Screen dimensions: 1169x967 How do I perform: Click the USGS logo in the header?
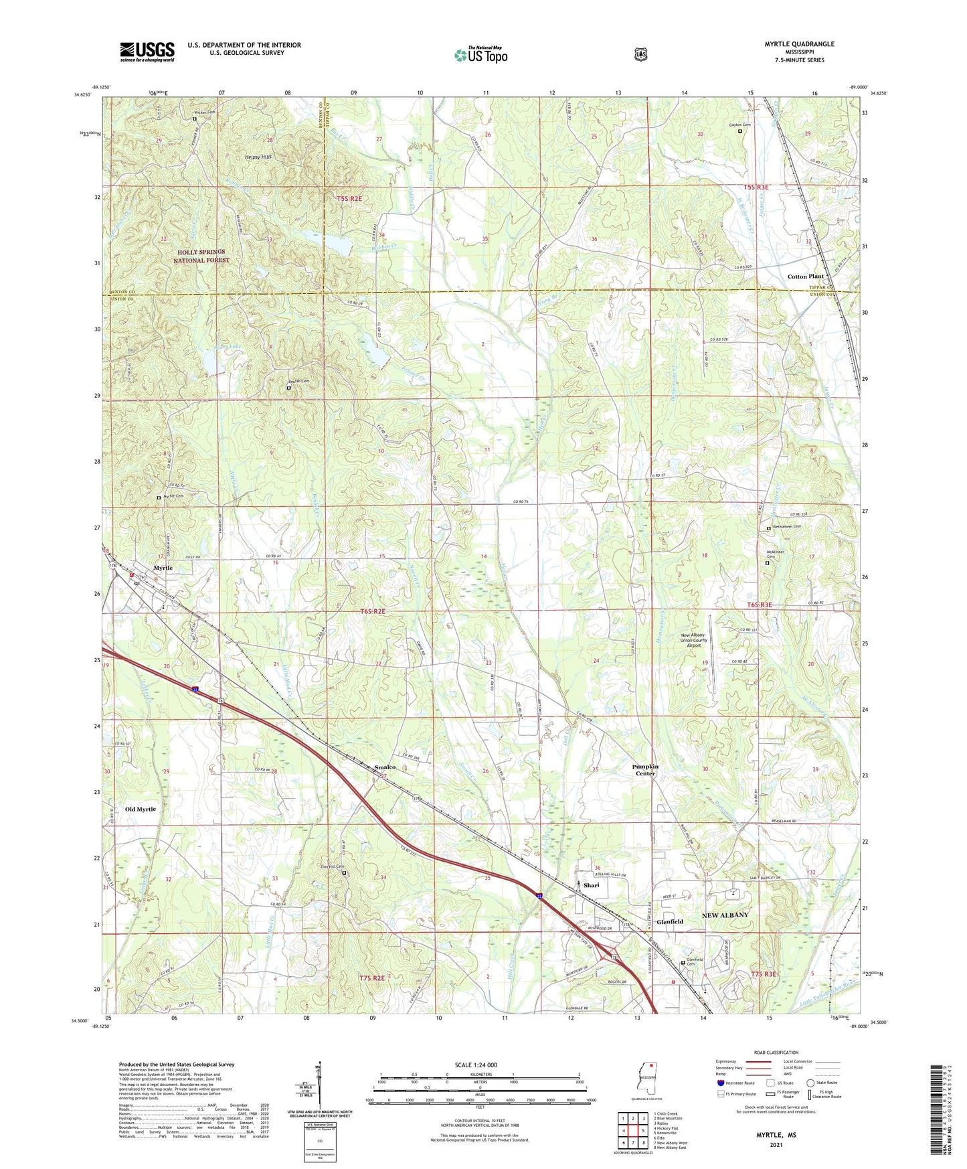(x=147, y=52)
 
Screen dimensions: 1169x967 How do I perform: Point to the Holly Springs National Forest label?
(x=201, y=256)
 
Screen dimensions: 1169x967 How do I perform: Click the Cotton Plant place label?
(x=805, y=277)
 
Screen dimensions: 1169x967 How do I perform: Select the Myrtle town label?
(x=163, y=568)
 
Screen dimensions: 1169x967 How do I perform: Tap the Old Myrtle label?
(x=141, y=809)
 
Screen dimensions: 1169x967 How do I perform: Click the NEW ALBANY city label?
(x=725, y=915)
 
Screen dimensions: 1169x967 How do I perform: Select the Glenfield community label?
(x=669, y=921)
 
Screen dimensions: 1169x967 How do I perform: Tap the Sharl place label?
(x=591, y=885)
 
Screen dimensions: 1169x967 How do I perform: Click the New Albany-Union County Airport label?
(x=693, y=640)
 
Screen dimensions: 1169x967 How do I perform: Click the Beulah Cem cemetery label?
(x=300, y=381)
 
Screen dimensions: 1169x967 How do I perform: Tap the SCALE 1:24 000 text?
(x=476, y=1065)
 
